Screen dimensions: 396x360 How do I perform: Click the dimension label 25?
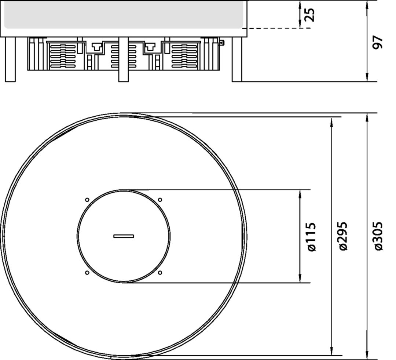tap(310, 15)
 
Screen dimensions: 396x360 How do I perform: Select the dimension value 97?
tap(378, 42)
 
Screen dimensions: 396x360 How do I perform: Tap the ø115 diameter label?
tap(312, 237)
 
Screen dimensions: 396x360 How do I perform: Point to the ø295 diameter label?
tap(343, 236)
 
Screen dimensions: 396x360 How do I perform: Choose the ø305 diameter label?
tap(378, 236)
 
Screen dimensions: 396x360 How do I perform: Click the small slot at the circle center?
tap(124, 236)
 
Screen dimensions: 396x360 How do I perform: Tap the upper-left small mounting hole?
tap(87, 200)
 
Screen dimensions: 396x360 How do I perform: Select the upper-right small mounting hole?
tap(160, 200)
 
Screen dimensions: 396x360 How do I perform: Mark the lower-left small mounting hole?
tap(87, 273)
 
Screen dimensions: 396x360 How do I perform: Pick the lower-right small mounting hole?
tap(160, 273)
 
